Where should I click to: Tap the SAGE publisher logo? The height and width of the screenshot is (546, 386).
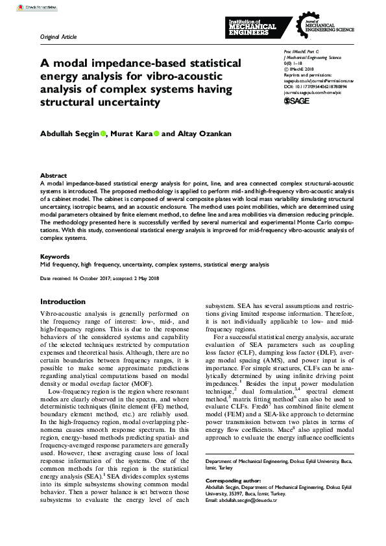[x=297, y=101]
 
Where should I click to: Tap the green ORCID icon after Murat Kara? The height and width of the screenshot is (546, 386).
[x=156, y=134]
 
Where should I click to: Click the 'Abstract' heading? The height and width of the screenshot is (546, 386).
[x=53, y=175]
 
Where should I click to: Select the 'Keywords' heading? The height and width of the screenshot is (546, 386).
[x=55, y=256]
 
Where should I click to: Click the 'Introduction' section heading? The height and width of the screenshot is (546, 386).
[x=63, y=302]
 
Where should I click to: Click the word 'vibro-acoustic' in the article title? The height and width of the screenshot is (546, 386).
[x=187, y=77]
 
